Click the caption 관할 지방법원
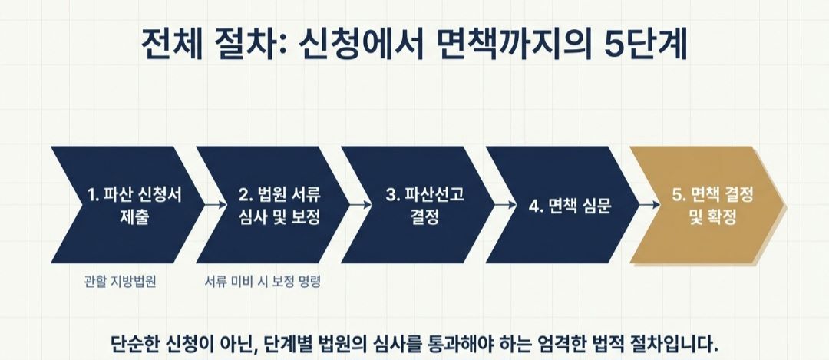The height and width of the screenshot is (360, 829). pos(121,281)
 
